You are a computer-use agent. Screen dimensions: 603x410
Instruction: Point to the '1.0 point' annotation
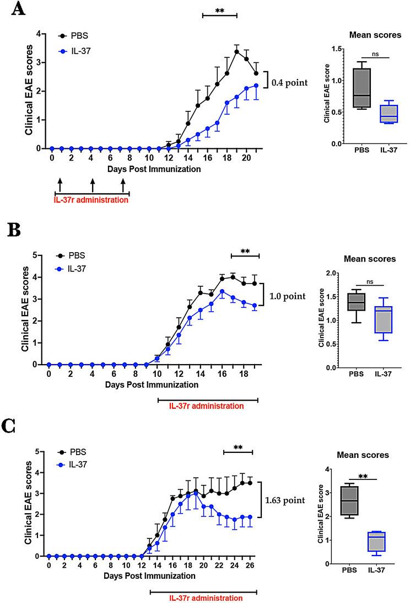[287, 296]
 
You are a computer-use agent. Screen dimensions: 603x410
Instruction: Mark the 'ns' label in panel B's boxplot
[371, 281]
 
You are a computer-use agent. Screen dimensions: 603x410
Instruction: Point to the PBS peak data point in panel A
[236, 52]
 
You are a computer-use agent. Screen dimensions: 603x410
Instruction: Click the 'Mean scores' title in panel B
[370, 259]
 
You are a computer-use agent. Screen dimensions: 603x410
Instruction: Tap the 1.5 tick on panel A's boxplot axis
[332, 49]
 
